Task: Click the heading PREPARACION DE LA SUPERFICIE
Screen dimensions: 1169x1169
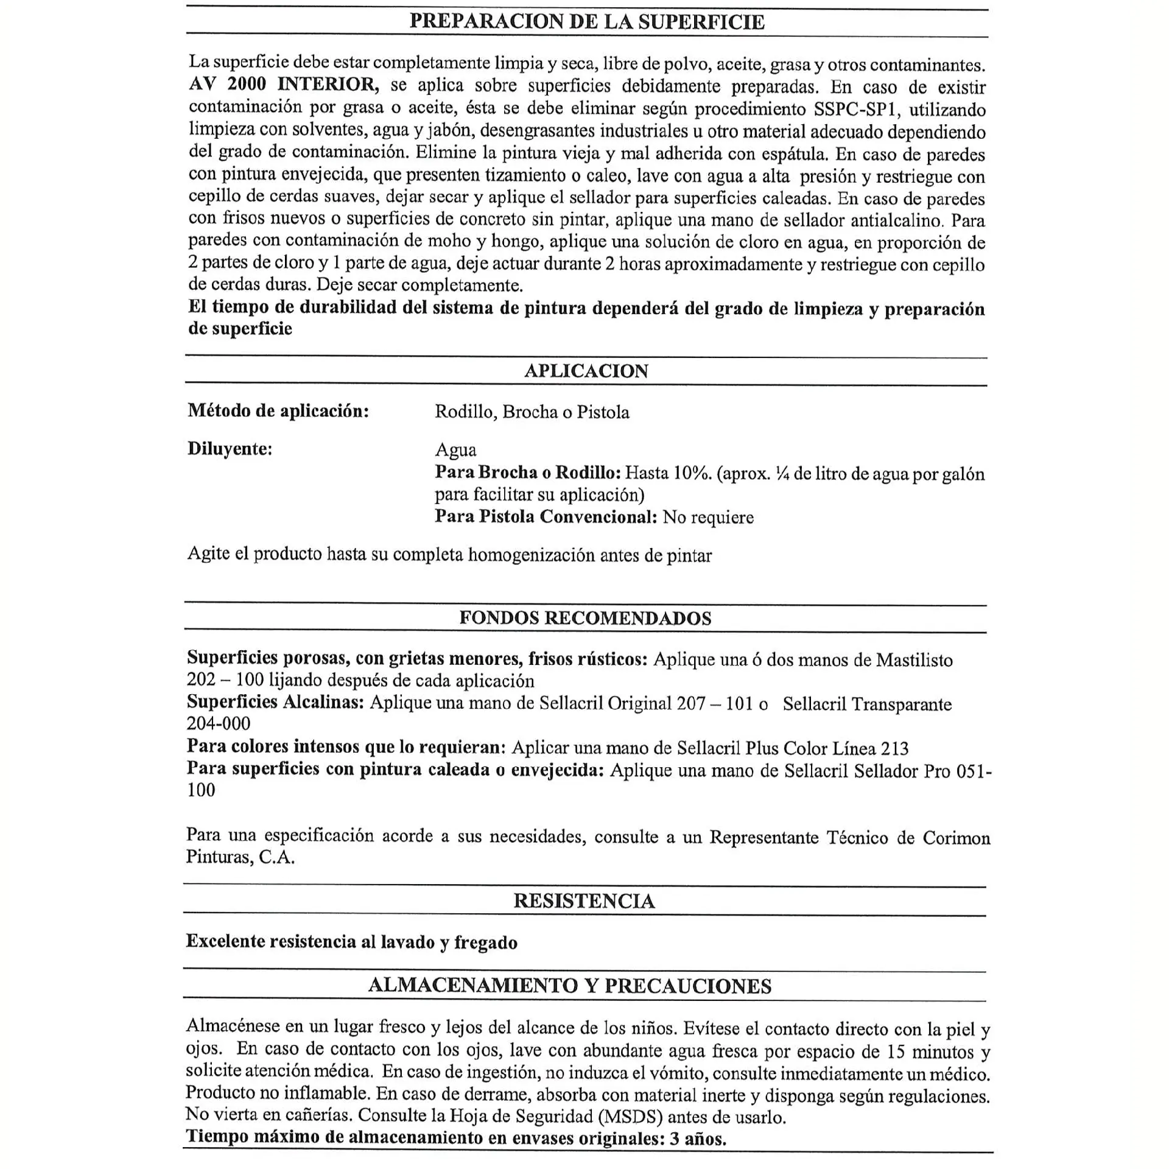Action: pyautogui.click(x=586, y=22)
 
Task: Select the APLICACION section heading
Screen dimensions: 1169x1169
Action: pyautogui.click(x=586, y=371)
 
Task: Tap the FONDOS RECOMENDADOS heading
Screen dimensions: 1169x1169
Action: pyautogui.click(x=585, y=618)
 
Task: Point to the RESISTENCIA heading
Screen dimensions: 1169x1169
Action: pyautogui.click(x=584, y=900)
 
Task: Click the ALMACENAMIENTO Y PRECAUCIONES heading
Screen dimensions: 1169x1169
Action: pyautogui.click(x=570, y=986)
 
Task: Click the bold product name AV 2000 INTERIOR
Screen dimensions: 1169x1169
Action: pyautogui.click(x=284, y=85)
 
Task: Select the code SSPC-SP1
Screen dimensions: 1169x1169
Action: pyautogui.click(x=856, y=110)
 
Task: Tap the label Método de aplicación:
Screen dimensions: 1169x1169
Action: pyautogui.click(x=278, y=411)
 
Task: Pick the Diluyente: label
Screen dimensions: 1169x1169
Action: pyautogui.click(x=230, y=449)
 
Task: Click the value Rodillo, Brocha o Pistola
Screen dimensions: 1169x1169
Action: pyautogui.click(x=532, y=412)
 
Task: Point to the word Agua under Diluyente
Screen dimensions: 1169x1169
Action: pyautogui.click(x=455, y=450)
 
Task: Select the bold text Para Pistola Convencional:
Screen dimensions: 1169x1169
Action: pyautogui.click(x=546, y=517)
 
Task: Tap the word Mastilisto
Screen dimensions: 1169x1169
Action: pyautogui.click(x=914, y=660)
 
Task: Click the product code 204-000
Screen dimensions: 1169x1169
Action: pyautogui.click(x=219, y=723)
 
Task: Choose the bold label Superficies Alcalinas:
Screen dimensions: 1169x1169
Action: pyautogui.click(x=275, y=702)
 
